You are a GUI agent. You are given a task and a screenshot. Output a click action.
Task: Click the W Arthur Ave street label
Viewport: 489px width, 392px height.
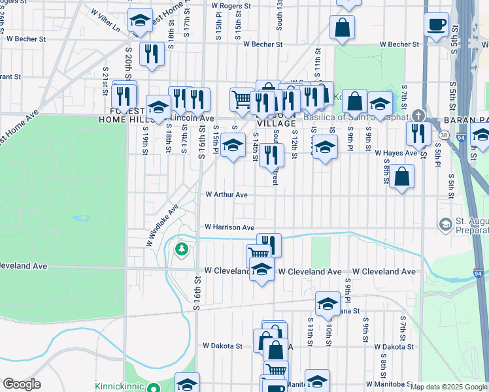(226, 195)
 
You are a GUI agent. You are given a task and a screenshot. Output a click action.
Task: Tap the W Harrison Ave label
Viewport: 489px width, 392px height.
(229, 227)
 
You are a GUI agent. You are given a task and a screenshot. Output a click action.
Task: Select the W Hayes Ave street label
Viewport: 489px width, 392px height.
(396, 153)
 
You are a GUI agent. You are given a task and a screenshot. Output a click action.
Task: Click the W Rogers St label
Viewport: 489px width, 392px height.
(231, 6)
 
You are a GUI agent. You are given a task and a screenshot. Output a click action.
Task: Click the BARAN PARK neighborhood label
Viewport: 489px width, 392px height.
(465, 120)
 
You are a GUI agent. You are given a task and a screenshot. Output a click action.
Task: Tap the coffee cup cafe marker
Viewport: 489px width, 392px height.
(436, 25)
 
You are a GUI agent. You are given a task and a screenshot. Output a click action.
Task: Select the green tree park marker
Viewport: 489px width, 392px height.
(181, 248)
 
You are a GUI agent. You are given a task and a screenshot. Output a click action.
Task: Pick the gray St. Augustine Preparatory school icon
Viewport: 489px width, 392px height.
(445, 225)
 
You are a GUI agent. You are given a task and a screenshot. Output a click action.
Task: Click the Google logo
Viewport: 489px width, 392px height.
(22, 384)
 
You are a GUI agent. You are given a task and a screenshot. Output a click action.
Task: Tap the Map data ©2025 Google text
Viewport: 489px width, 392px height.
(448, 387)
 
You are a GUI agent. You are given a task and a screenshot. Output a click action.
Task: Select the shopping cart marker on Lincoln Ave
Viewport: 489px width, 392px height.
(242, 99)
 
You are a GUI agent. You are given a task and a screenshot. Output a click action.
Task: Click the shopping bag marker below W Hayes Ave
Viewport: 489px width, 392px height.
(401, 176)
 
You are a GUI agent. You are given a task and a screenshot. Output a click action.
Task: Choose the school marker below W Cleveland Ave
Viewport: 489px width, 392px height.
(261, 269)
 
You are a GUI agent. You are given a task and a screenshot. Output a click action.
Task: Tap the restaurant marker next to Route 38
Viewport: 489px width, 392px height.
(418, 133)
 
